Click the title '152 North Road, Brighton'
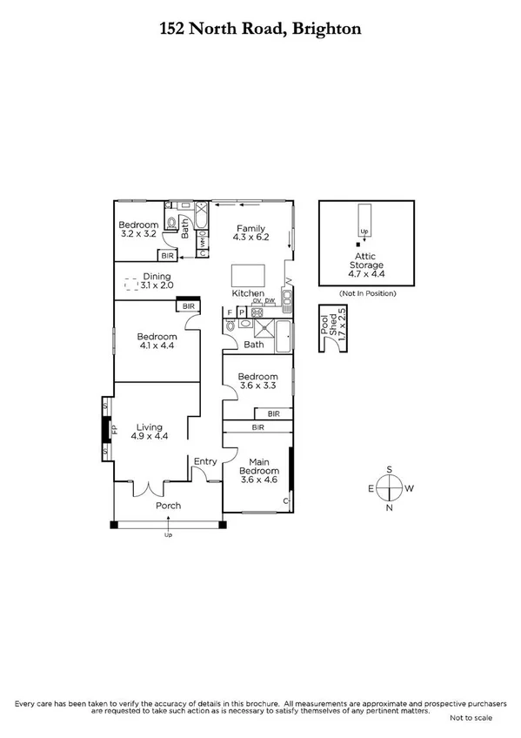pos(260,29)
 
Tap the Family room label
pos(249,233)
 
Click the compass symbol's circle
pos(391,488)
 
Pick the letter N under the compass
pos(391,507)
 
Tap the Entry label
pos(206,461)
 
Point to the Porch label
pos(168,506)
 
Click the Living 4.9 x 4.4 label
pos(150,432)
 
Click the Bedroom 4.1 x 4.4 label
pos(157,341)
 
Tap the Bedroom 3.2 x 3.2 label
pos(138,230)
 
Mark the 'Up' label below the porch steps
pos(168,534)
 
